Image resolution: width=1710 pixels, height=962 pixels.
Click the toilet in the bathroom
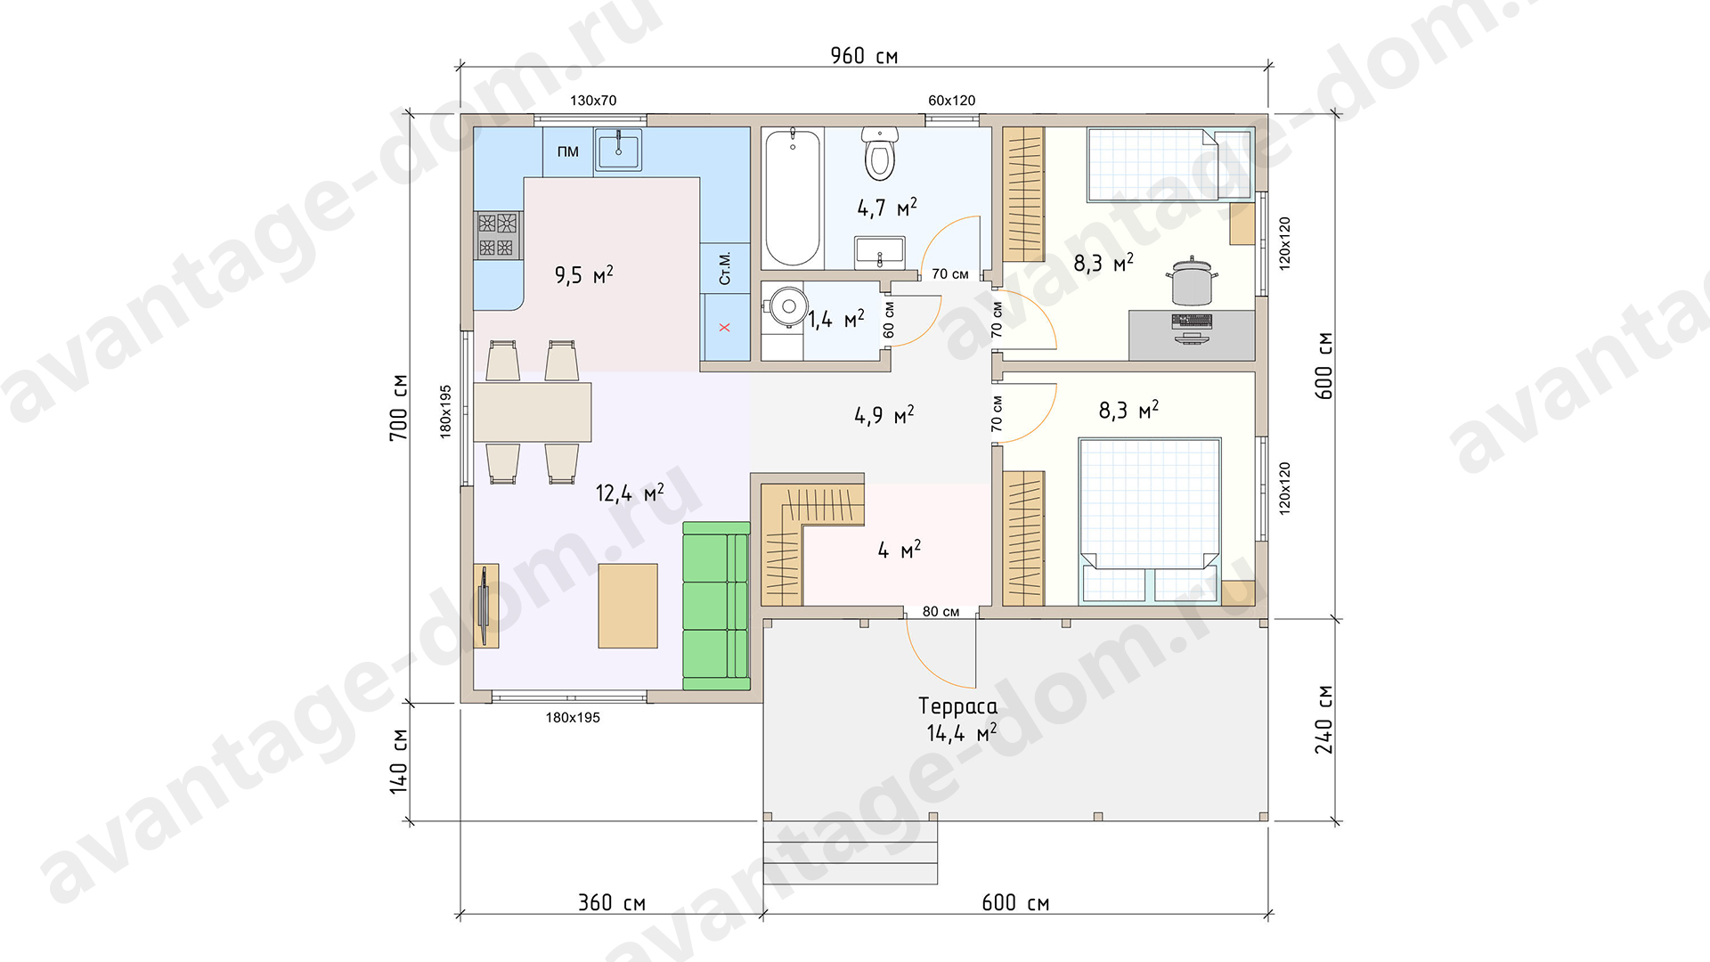[x=880, y=153]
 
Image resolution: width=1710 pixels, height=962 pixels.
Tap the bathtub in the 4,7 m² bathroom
[x=792, y=198]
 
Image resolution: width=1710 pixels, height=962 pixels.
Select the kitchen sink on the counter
[x=618, y=151]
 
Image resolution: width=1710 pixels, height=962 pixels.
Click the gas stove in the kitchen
[x=497, y=235]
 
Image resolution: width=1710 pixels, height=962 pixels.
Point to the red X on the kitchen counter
[x=724, y=327]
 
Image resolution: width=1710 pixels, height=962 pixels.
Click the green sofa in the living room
[x=717, y=606]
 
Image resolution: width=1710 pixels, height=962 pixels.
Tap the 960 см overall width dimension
[x=864, y=56]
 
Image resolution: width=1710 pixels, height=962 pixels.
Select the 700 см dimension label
[x=399, y=407]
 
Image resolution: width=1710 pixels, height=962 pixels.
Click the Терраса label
[x=957, y=706]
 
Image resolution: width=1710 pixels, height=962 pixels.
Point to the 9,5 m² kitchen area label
[x=584, y=274]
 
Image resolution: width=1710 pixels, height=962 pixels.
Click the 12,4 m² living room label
[x=630, y=493]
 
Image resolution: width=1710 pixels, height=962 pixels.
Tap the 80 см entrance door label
[x=940, y=612]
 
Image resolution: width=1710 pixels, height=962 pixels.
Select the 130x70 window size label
[x=593, y=101]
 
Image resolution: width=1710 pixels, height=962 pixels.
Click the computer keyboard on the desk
[x=1192, y=321]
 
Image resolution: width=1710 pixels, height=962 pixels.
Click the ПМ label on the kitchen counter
[x=568, y=151]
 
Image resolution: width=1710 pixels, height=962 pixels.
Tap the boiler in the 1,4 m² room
[x=785, y=307]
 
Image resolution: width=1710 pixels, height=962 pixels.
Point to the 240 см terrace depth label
[x=1323, y=720]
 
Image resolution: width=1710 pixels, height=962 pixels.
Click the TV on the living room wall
[x=484, y=606]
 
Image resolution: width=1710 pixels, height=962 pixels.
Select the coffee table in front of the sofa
[x=628, y=606]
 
